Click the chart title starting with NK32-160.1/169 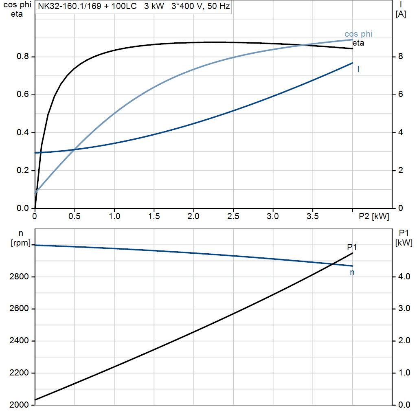(x=134, y=7)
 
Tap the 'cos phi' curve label (x=358, y=34)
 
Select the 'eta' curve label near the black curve (x=358, y=43)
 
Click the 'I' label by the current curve (x=358, y=70)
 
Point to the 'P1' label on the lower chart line (x=352, y=247)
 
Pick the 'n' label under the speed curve (x=352, y=272)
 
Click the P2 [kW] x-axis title (x=374, y=217)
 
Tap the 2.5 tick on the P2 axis (x=233, y=217)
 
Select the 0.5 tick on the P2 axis (x=75, y=217)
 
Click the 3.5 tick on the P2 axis (x=312, y=217)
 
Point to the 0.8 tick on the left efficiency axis (x=22, y=57)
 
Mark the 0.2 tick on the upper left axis (x=22, y=171)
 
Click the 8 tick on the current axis (x=400, y=57)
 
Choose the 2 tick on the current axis (x=400, y=171)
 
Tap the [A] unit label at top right (x=401, y=14)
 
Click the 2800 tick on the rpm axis (x=19, y=277)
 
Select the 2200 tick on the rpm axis (x=19, y=373)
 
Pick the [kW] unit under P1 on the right (x=404, y=243)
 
